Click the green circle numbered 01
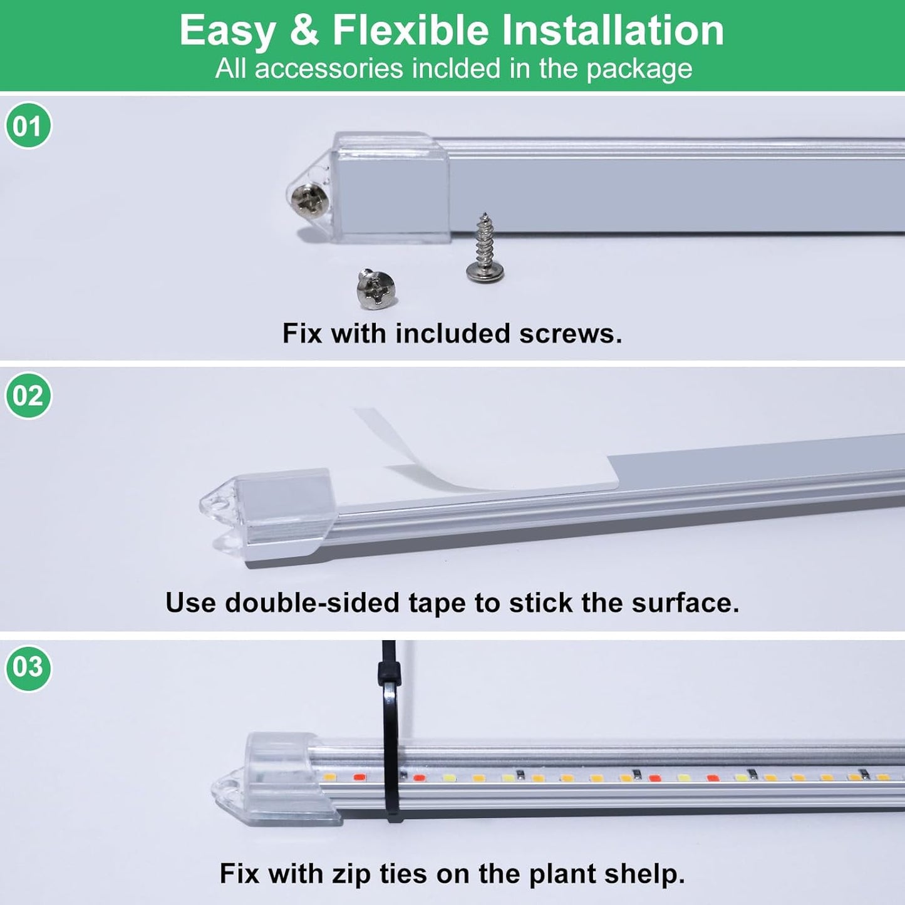point(28,126)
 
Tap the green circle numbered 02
point(28,396)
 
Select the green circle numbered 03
point(28,667)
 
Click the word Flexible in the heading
point(410,30)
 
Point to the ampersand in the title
point(304,30)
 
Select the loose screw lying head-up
point(376,289)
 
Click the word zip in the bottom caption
point(351,874)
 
